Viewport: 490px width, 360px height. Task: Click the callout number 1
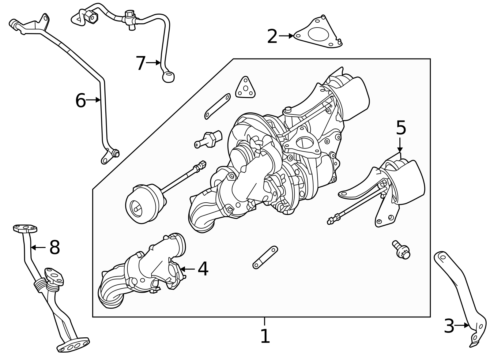(265, 336)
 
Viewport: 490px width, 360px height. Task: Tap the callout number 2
(272, 36)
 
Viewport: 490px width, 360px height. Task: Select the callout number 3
(449, 326)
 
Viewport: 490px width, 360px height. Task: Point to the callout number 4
(203, 269)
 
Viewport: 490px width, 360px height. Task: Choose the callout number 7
(141, 63)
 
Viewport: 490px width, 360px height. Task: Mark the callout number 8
(55, 247)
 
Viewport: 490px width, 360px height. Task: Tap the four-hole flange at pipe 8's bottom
(73, 345)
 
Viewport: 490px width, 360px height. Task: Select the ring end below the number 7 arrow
(168, 77)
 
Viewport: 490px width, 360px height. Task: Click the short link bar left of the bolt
(265, 257)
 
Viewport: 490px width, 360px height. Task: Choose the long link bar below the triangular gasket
(217, 106)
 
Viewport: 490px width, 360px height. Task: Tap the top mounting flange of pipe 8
(25, 228)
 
